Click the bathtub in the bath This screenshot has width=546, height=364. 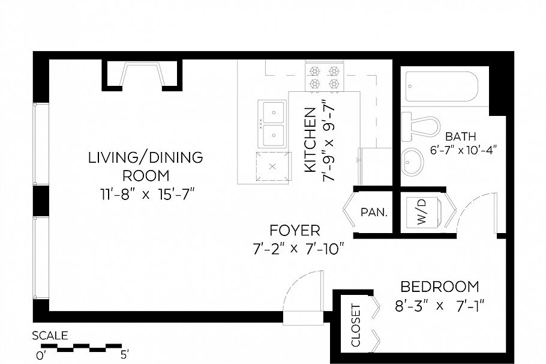coord(441,87)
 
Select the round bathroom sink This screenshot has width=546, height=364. coord(413,160)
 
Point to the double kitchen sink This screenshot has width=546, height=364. coord(273,123)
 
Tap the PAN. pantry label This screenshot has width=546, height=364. coord(373,212)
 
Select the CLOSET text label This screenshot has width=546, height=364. coord(355,326)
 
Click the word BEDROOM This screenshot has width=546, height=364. coord(440,287)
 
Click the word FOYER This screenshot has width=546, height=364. coord(295,230)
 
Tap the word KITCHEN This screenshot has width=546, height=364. coord(310,141)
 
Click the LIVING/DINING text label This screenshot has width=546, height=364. coord(145,158)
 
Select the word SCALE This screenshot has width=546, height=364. coord(50,336)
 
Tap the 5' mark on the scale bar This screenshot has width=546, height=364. coord(124,354)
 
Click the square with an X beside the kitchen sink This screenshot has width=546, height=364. coord(272,166)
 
